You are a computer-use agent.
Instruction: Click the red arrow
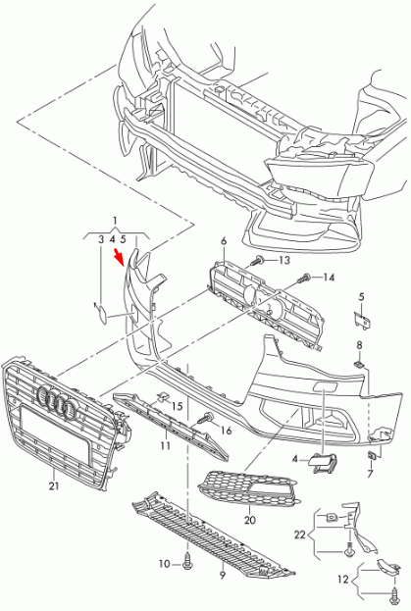[x=122, y=258]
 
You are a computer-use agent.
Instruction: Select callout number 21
[x=53, y=484]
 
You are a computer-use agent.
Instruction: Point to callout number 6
[x=223, y=240]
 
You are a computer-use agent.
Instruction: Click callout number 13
[x=284, y=260]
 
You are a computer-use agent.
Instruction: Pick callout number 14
[x=329, y=278]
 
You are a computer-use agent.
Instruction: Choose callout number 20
[x=249, y=520]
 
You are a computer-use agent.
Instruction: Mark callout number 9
[x=223, y=575]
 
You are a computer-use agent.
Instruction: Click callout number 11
[x=165, y=445]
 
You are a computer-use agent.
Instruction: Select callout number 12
[x=342, y=581]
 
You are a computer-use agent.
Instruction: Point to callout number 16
[x=226, y=430]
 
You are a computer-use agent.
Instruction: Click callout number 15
[x=178, y=405]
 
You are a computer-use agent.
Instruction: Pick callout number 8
[x=360, y=345]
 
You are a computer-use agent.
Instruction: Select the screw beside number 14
[x=306, y=280]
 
